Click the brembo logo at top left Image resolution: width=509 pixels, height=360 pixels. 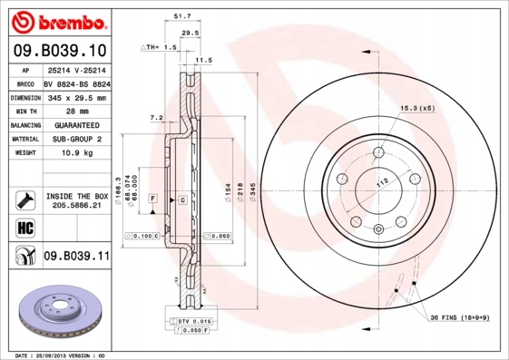(55, 20)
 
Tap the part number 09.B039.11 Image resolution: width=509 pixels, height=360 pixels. (76, 257)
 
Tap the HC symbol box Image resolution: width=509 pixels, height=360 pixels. (20, 227)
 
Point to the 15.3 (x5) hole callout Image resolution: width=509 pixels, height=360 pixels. (418, 109)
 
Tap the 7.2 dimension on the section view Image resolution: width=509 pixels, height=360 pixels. (155, 118)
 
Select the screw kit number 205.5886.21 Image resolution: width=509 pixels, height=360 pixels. (76, 207)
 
